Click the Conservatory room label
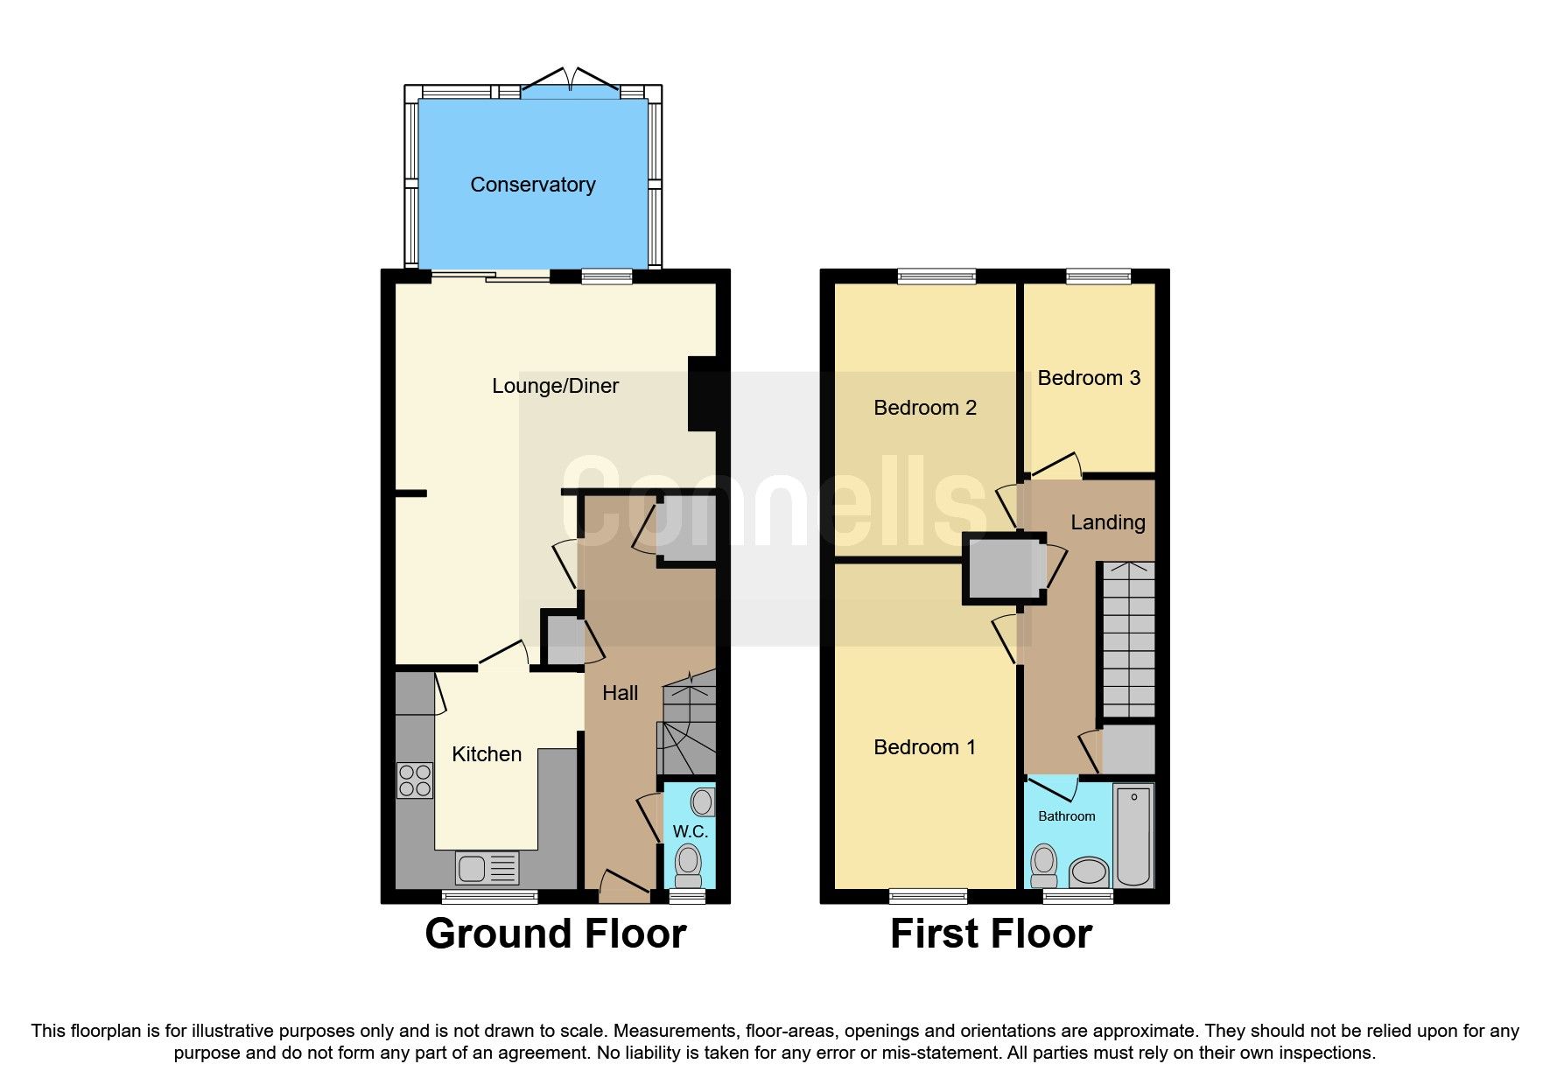pyautogui.click(x=532, y=185)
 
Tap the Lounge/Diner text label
pyautogui.click(x=555, y=386)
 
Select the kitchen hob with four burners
pyautogui.click(x=415, y=780)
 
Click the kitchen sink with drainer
pyautogui.click(x=487, y=868)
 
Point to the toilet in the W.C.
pyautogui.click(x=689, y=864)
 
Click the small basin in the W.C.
pyautogui.click(x=703, y=801)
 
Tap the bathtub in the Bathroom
pyautogui.click(x=1133, y=835)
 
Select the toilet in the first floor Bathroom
pyautogui.click(x=1044, y=864)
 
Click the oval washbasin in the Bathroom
pyautogui.click(x=1090, y=871)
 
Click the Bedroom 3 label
pyautogui.click(x=1089, y=378)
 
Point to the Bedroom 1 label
pyautogui.click(x=924, y=747)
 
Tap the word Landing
pyautogui.click(x=1107, y=522)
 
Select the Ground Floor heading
pyautogui.click(x=555, y=934)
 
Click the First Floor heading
pyautogui.click(x=991, y=934)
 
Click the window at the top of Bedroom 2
pyautogui.click(x=936, y=276)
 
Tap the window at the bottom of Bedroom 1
pyautogui.click(x=929, y=895)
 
